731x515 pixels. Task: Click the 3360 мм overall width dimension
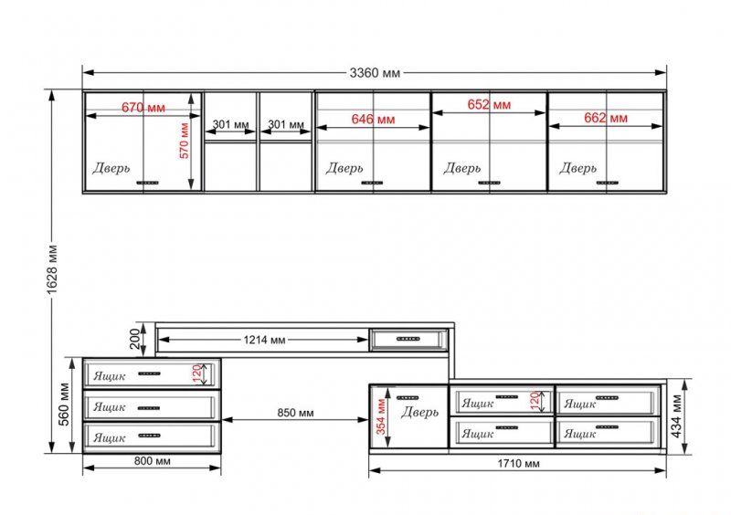[375, 73]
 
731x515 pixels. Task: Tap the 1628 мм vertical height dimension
[52, 269]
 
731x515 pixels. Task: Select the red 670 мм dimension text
[143, 108]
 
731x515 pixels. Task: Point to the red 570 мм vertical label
[185, 141]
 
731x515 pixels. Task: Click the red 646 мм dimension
[373, 120]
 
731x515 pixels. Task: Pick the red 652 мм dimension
[489, 104]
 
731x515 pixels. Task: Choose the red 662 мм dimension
[606, 118]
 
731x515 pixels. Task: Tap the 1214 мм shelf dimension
[264, 340]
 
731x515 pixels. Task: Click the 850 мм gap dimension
[295, 413]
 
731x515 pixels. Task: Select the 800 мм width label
[153, 461]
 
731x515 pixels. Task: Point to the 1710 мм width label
[518, 464]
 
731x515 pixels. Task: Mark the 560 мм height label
[64, 405]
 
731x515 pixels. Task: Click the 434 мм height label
[676, 415]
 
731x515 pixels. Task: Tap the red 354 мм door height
[381, 416]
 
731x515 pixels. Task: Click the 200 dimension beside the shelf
[134, 339]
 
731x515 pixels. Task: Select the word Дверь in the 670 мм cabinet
[111, 168]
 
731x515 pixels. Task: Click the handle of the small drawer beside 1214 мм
[408, 339]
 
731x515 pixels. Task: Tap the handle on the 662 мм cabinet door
[608, 183]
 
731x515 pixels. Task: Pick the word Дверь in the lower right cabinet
[419, 412]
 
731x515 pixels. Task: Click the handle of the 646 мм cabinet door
[372, 183]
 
